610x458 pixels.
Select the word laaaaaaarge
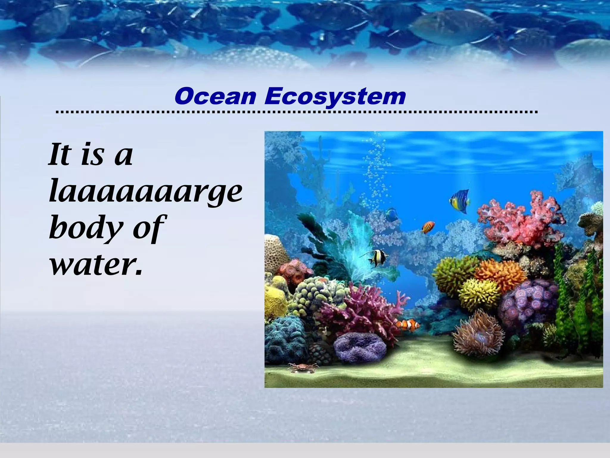tap(145, 192)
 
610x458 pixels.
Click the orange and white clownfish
tap(408, 325)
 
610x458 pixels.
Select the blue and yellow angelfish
tap(460, 201)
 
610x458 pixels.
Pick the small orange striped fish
tap(428, 228)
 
